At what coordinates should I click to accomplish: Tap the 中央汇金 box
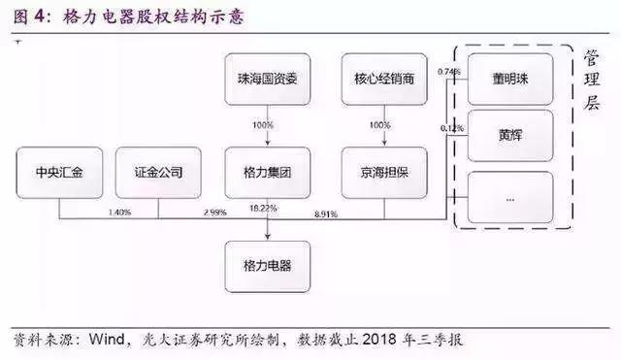pyautogui.click(x=57, y=175)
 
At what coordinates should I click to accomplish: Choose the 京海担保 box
pyautogui.click(x=384, y=175)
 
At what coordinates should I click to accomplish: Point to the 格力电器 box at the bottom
pyautogui.click(x=267, y=265)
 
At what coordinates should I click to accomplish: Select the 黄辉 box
pyautogui.click(x=509, y=135)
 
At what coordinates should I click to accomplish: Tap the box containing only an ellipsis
pyautogui.click(x=509, y=197)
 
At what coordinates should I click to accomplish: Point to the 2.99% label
pyautogui.click(x=214, y=211)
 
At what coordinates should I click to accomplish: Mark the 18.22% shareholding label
pyautogui.click(x=263, y=208)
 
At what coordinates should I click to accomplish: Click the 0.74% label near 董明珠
pyautogui.click(x=449, y=72)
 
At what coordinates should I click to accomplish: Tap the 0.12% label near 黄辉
pyautogui.click(x=449, y=128)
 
